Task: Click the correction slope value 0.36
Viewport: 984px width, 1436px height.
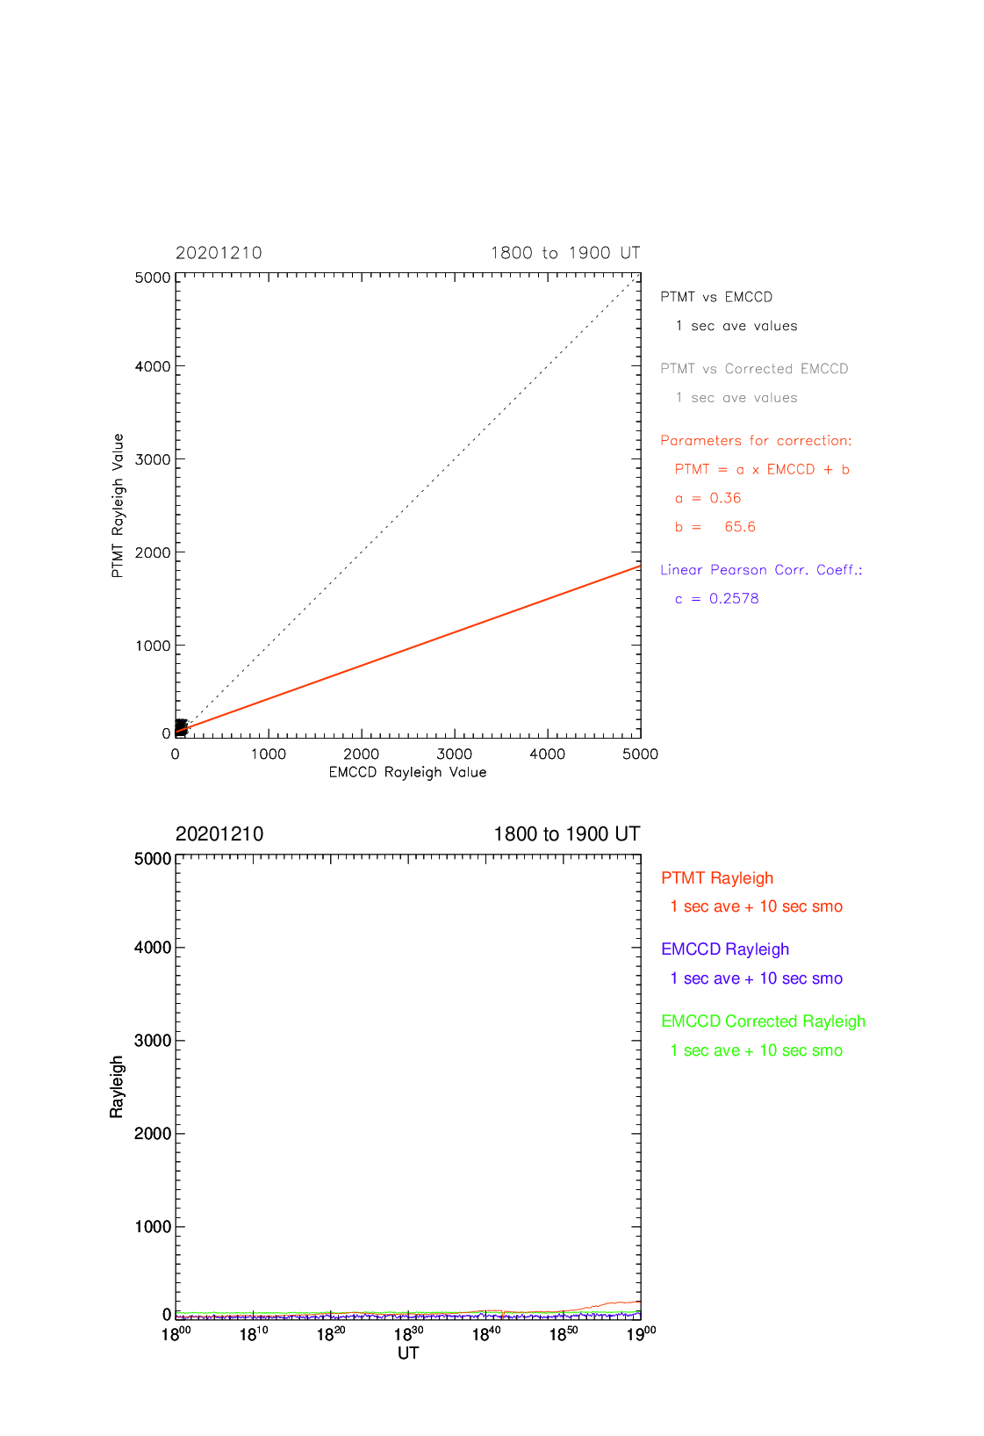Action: tap(725, 498)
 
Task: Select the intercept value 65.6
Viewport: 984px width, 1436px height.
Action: tap(740, 527)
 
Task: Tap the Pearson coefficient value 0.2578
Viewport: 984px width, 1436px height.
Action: tap(734, 599)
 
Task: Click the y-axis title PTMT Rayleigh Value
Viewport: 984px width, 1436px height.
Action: tap(118, 505)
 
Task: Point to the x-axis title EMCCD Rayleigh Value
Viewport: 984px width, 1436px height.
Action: tap(408, 773)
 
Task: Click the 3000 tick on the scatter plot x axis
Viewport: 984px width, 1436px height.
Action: tap(454, 754)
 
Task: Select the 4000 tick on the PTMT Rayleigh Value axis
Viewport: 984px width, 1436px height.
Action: tap(153, 367)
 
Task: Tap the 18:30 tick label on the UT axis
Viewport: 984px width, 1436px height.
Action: tap(408, 1334)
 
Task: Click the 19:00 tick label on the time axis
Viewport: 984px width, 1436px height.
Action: tap(642, 1334)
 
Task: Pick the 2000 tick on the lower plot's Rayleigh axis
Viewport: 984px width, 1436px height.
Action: tap(153, 1133)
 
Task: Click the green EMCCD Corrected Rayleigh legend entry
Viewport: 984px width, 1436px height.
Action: tap(763, 1021)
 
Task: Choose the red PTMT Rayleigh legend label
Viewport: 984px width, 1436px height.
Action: tap(717, 877)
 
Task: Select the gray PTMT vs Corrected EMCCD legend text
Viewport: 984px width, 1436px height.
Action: tap(754, 369)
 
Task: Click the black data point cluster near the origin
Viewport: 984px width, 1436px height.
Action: tap(182, 727)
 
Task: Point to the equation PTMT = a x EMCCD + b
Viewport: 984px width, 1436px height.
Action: tap(762, 469)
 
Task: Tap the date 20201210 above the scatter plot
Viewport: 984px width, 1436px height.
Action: tap(219, 253)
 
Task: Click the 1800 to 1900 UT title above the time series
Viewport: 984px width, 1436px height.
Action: tap(567, 834)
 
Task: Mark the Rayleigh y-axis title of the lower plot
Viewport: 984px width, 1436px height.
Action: tap(116, 1086)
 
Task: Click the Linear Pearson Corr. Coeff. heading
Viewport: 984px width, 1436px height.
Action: tap(762, 570)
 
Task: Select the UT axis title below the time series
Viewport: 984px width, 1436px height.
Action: tap(408, 1353)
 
